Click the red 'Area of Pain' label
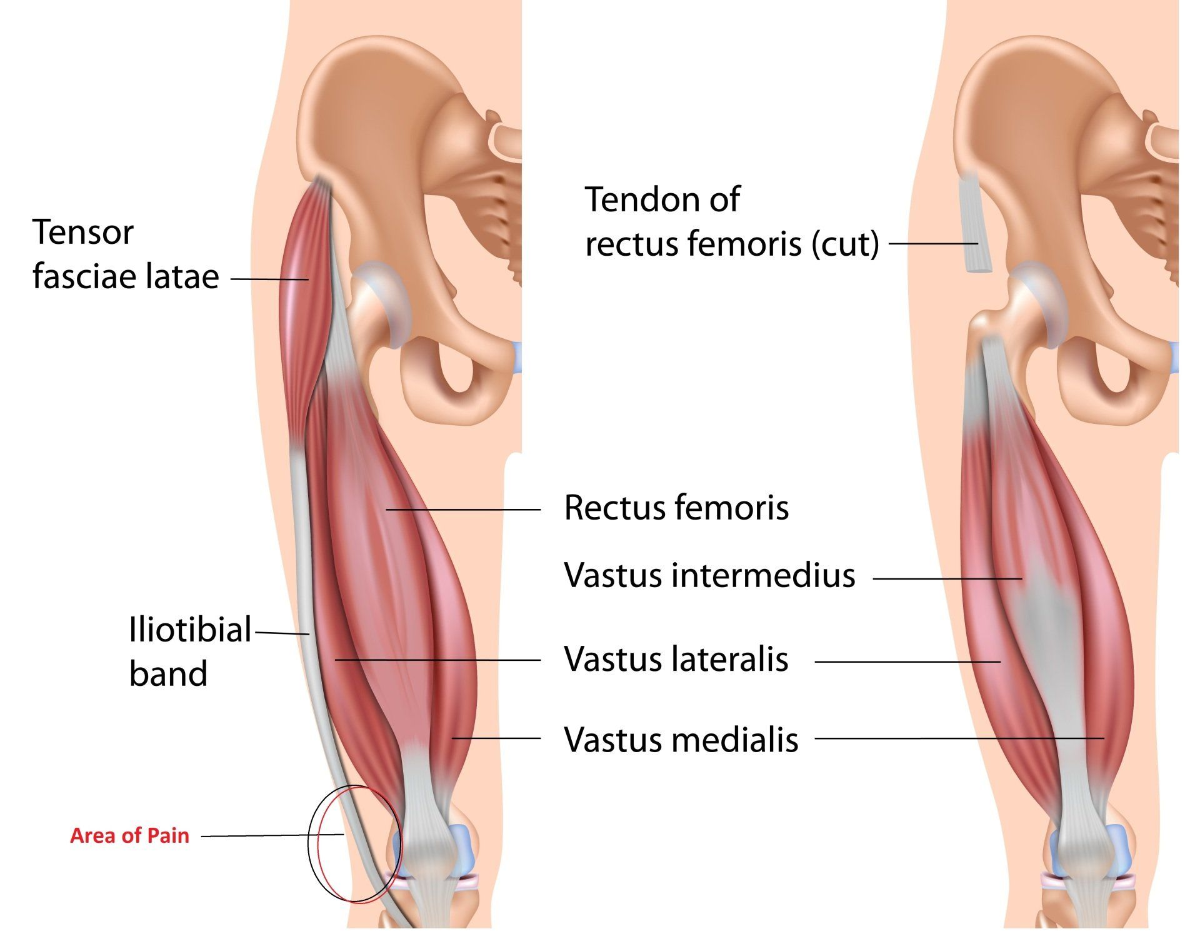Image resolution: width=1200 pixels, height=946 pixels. click(129, 835)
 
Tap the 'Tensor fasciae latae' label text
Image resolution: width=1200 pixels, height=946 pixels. click(126, 254)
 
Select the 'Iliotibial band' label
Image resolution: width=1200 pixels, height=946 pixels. click(190, 651)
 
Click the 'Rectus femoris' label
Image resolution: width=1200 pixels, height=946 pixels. click(676, 507)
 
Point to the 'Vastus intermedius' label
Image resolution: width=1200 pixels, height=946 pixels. click(709, 575)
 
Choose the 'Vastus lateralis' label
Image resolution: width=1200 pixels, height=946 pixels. click(676, 658)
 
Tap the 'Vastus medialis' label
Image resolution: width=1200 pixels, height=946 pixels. click(681, 740)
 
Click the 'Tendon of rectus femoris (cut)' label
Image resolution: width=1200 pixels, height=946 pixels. click(732, 221)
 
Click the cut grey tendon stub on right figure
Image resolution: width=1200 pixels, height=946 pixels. click(974, 222)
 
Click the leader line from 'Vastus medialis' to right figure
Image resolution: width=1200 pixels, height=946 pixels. click(959, 738)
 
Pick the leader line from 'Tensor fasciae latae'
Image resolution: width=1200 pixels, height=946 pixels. click(269, 279)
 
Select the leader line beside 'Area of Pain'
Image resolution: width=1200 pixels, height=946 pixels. click(272, 835)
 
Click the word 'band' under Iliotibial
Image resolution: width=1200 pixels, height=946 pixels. click(168, 673)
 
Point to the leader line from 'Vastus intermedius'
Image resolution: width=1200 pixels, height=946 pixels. click(947, 579)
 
